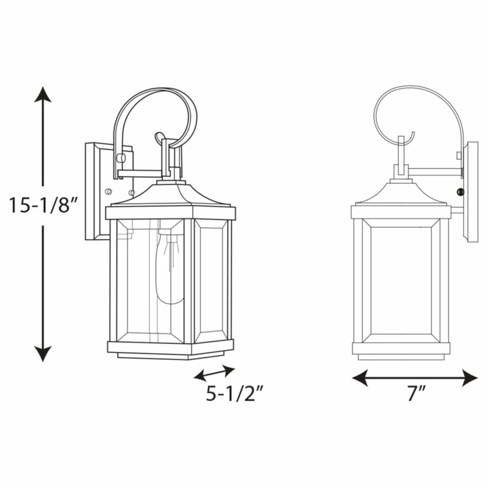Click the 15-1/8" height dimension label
(x=43, y=205)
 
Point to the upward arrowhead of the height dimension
(x=43, y=95)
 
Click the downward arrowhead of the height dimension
(x=43, y=354)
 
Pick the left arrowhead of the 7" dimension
(x=360, y=378)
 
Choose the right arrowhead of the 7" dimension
(x=470, y=378)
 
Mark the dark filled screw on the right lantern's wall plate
(x=460, y=192)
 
